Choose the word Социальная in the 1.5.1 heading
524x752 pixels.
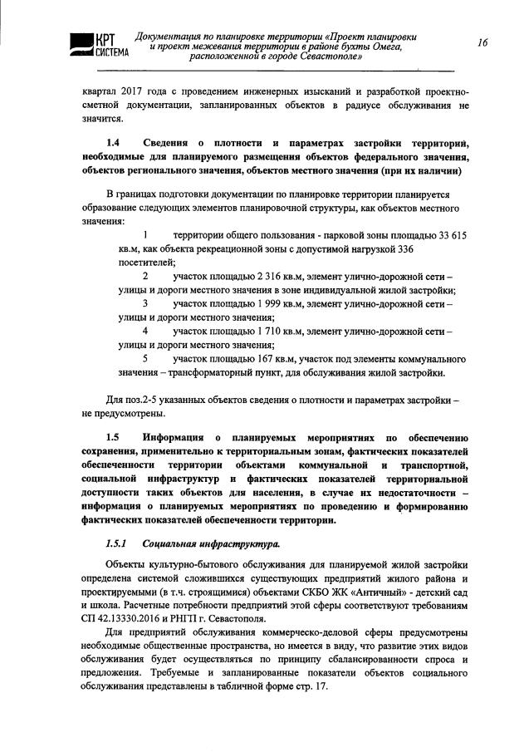click(174, 544)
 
